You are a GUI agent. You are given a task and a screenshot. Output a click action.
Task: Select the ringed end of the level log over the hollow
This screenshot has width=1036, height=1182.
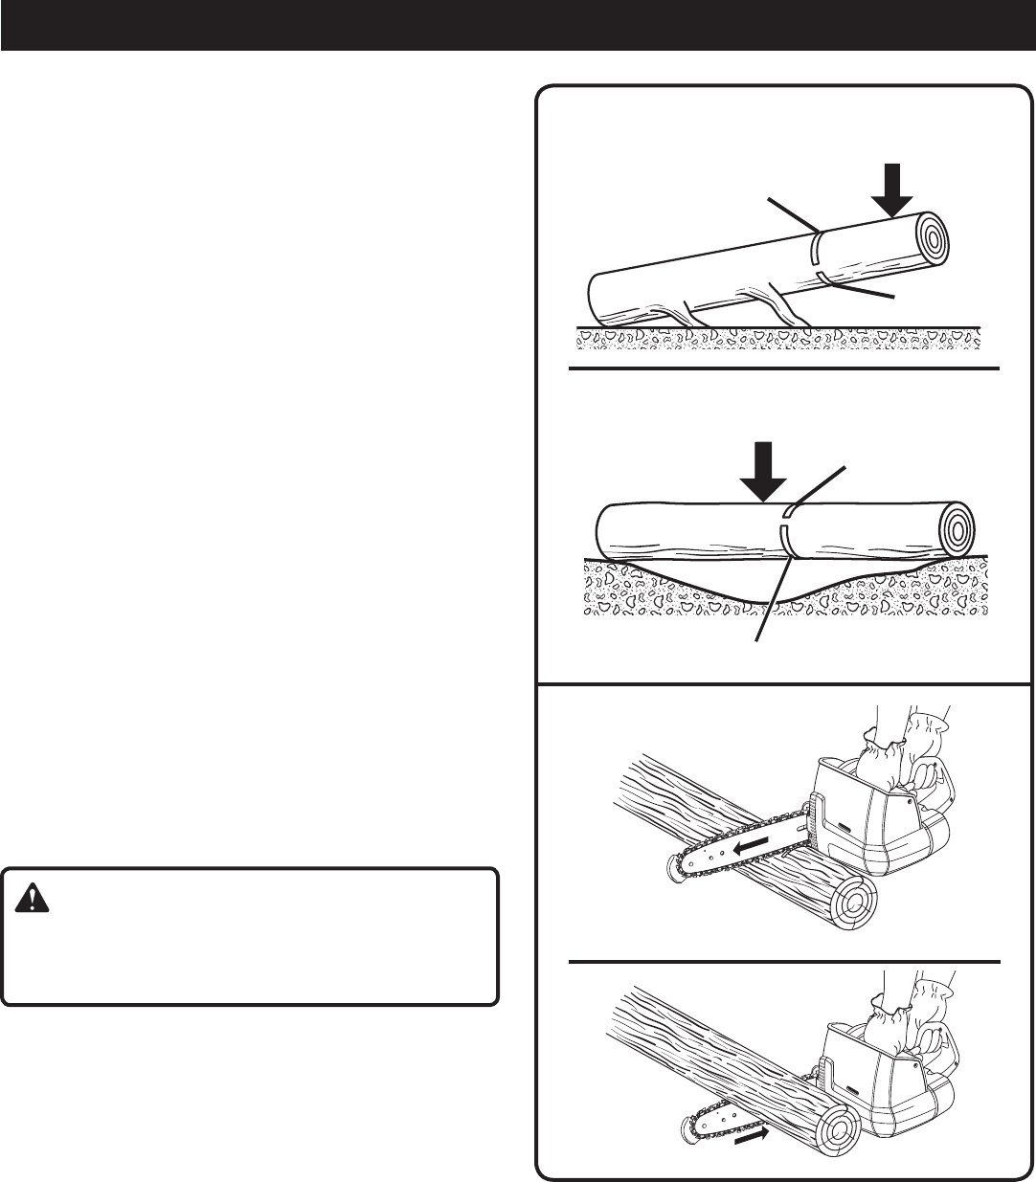click(956, 527)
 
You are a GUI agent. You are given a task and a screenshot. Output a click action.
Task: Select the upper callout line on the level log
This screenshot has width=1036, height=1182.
click(818, 484)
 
